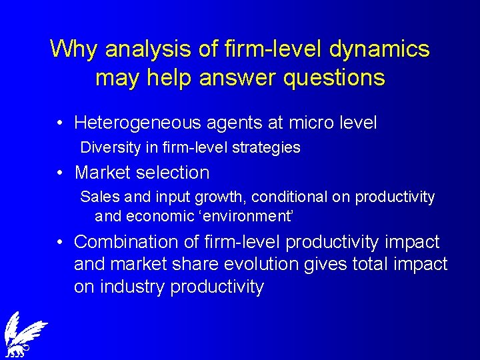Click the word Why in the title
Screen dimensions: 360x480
pyautogui.click(x=75, y=49)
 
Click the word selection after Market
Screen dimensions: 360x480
pyautogui.click(x=175, y=173)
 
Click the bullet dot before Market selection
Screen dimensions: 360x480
pyautogui.click(x=60, y=173)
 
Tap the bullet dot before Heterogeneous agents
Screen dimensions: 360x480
pyautogui.click(x=60, y=123)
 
